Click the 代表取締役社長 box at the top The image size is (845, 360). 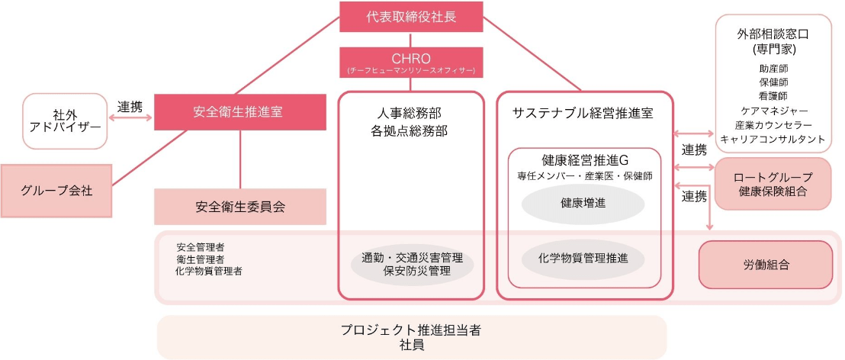[x=411, y=16]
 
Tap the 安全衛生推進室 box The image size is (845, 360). [x=237, y=111]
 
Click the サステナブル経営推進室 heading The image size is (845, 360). [x=584, y=113]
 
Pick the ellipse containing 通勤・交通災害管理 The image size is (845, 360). [x=412, y=264]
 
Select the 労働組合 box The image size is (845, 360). [x=765, y=265]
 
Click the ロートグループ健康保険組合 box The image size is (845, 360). [x=772, y=184]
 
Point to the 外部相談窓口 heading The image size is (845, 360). [x=772, y=35]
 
